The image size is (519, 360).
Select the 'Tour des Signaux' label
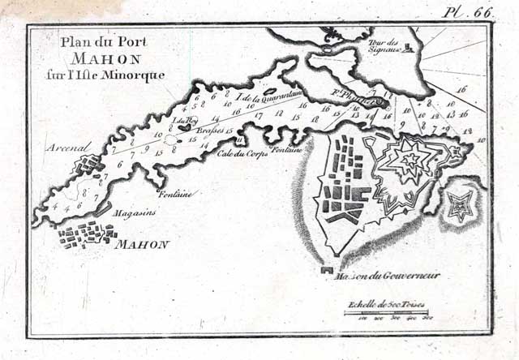click(x=383, y=46)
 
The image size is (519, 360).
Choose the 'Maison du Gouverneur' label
click(x=387, y=276)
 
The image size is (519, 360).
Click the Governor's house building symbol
click(x=327, y=268)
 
